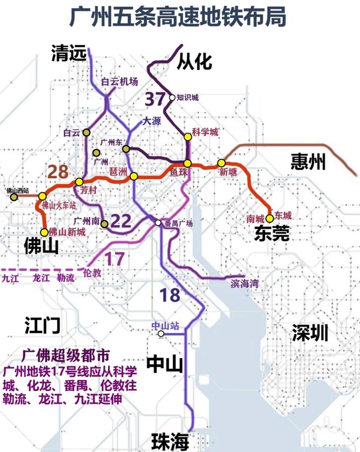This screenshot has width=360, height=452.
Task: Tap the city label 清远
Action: [x=68, y=53]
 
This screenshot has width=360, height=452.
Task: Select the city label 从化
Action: [x=194, y=61]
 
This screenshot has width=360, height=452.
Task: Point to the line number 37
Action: [x=154, y=99]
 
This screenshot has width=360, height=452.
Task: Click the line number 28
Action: [x=58, y=172]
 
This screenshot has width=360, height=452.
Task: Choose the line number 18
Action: [x=169, y=295]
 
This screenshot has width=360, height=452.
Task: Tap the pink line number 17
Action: [x=114, y=258]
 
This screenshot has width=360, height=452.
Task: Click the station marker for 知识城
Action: [x=172, y=98]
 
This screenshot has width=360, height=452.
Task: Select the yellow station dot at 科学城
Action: [x=187, y=137]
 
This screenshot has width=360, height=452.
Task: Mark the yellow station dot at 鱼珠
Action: [x=187, y=163]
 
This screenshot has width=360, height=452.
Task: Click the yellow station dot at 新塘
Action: [x=221, y=163]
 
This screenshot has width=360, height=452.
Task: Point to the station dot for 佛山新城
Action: [x=45, y=232]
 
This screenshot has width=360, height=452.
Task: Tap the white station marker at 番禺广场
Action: [x=158, y=223]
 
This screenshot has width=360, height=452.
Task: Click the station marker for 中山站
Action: [x=161, y=334]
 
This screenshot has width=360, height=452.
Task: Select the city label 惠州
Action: [x=308, y=161]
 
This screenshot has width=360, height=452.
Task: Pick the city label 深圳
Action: [x=310, y=333]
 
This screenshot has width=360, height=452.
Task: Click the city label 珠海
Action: [x=169, y=440]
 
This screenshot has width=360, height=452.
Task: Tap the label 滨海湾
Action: [x=245, y=284]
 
